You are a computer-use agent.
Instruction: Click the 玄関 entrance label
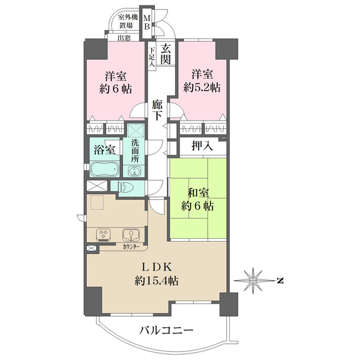166,54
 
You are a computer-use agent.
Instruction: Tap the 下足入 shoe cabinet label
152,57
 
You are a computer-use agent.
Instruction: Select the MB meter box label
147,22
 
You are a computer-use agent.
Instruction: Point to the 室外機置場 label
127,21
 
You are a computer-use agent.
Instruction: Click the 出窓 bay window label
124,38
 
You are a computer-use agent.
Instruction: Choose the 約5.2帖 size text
202,88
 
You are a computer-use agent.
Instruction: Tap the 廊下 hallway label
157,110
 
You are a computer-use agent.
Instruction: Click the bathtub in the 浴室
104,169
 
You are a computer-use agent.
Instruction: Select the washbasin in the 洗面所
134,171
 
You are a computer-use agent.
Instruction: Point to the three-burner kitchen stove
103,235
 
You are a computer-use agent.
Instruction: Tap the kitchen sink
131,235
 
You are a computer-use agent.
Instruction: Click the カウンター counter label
131,247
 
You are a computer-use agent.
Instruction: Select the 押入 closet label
202,146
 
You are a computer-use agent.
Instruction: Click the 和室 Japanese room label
198,193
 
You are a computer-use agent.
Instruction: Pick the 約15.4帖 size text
157,281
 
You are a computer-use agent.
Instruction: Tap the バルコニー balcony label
166,331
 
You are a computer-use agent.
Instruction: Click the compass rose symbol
253,280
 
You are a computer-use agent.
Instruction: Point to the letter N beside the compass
280,280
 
